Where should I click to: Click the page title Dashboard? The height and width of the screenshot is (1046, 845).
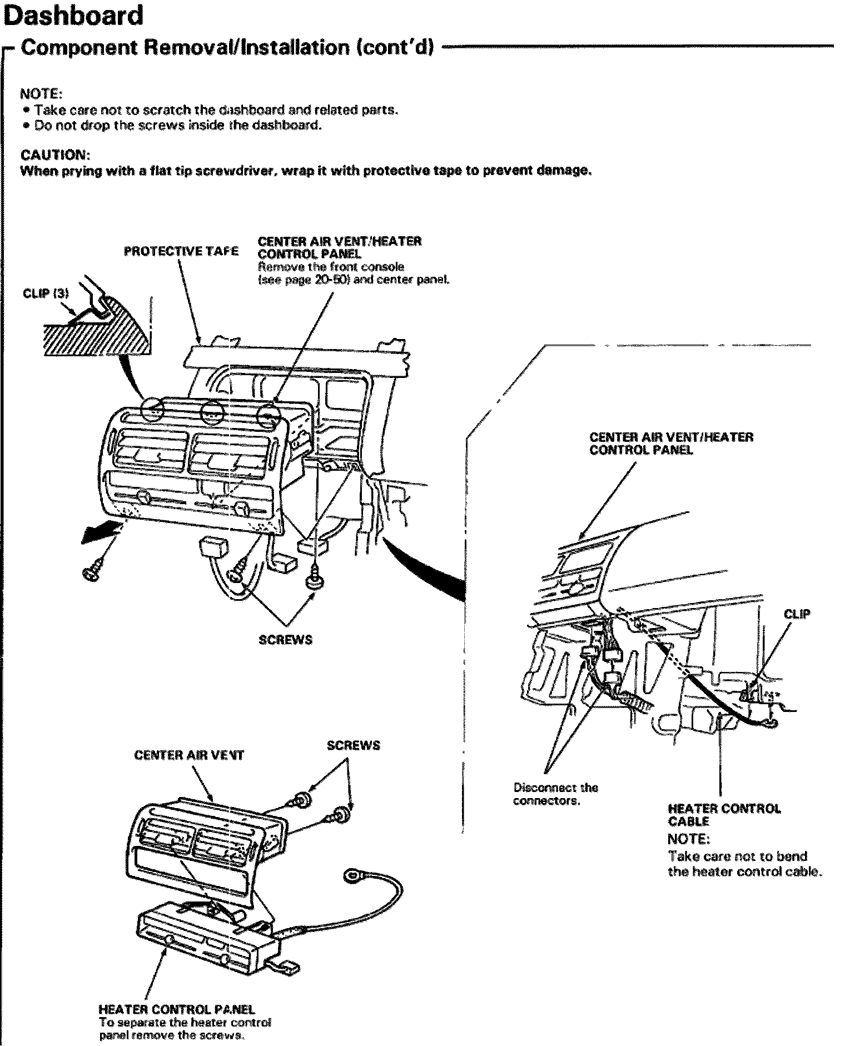(74, 16)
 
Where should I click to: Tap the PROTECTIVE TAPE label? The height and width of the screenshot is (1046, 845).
(181, 251)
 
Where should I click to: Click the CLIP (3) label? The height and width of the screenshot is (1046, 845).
(46, 293)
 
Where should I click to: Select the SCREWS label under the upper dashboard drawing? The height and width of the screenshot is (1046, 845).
(285, 640)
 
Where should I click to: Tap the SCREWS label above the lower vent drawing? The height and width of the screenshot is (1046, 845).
(353, 745)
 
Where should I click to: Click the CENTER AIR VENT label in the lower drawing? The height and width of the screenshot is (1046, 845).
(189, 755)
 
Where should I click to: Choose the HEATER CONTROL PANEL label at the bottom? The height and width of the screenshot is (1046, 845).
(176, 1009)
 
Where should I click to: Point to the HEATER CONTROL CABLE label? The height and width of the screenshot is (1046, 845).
(724, 815)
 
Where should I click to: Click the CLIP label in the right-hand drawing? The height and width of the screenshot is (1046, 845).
(797, 614)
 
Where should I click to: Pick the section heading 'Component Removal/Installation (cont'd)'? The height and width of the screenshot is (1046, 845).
(226, 48)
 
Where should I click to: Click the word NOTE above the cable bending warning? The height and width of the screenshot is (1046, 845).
(688, 838)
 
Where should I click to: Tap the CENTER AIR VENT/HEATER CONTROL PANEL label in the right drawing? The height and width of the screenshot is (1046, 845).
(671, 443)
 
